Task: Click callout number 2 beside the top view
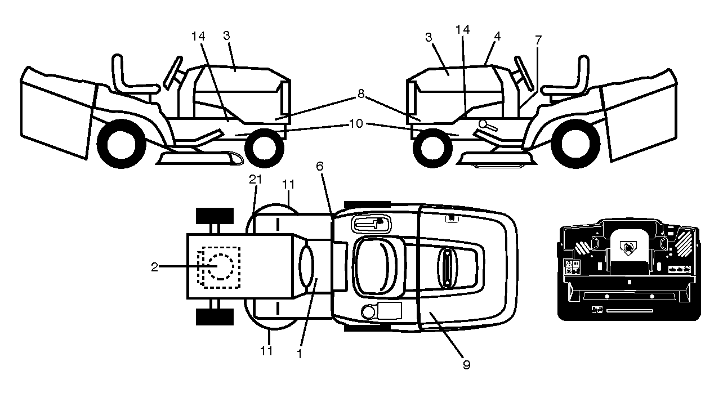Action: pyautogui.click(x=155, y=267)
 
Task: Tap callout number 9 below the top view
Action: pyautogui.click(x=466, y=365)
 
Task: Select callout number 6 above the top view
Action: pyautogui.click(x=319, y=167)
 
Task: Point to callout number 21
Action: pyautogui.click(x=256, y=180)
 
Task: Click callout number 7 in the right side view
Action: pyautogui.click(x=538, y=41)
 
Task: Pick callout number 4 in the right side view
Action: pyautogui.click(x=497, y=36)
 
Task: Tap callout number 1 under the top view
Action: pyautogui.click(x=299, y=354)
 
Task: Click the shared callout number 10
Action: pyautogui.click(x=356, y=123)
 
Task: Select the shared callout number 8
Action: pyautogui.click(x=361, y=94)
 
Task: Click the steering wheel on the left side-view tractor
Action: pyautogui.click(x=173, y=73)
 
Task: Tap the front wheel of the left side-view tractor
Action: pyautogui.click(x=264, y=148)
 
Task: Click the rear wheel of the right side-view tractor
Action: pyautogui.click(x=575, y=144)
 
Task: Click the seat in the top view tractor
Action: pyautogui.click(x=375, y=266)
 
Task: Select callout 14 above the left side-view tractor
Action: pyautogui.click(x=198, y=36)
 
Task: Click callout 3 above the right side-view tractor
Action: pyautogui.click(x=429, y=38)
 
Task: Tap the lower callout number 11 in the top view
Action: pyautogui.click(x=266, y=351)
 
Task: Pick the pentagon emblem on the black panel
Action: pyautogui.click(x=628, y=248)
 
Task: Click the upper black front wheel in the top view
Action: pyautogui.click(x=215, y=216)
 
